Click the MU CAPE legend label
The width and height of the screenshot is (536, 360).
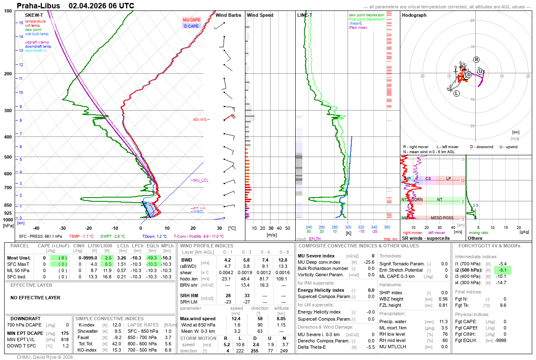191,20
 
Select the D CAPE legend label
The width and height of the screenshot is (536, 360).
191,26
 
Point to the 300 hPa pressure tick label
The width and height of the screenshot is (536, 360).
8,111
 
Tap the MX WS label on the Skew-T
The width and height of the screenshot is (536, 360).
200,120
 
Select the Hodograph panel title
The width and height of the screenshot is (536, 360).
414,15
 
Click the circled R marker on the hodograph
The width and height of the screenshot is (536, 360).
476,59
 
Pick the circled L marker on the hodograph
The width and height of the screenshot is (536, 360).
456,93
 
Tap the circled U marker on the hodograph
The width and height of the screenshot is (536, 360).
480,72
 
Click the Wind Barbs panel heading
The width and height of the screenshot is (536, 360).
228,15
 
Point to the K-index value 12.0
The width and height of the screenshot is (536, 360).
117,325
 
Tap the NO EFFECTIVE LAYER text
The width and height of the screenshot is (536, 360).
35,298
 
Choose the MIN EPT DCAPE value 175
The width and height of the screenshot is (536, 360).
65,333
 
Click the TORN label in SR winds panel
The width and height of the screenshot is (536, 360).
417,200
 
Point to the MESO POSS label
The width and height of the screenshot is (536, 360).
442,218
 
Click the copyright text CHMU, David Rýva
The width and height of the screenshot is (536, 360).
45,357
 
